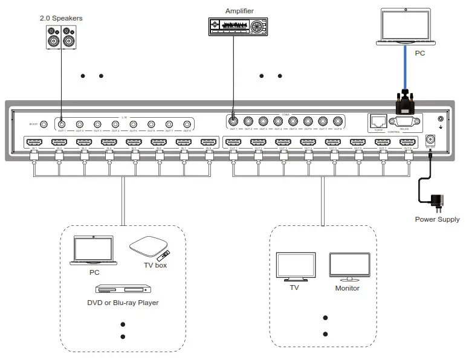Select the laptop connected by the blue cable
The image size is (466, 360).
point(403,27)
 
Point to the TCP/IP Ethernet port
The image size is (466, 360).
point(379,121)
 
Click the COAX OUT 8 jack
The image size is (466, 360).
point(337,120)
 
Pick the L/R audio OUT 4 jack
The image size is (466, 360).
point(115,123)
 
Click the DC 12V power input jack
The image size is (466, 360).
point(431,138)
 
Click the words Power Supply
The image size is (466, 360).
point(437,219)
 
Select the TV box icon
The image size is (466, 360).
point(149,247)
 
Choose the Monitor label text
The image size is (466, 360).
point(348,289)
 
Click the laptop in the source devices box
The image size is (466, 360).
point(92,250)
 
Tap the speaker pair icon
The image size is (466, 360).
point(62,37)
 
